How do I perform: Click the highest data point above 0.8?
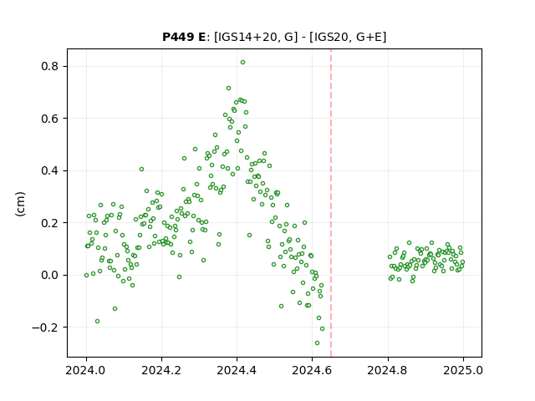tap(242, 63)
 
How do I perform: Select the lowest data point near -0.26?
tap(317, 343)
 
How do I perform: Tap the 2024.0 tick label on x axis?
tap(86, 370)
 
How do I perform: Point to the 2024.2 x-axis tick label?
tap(161, 370)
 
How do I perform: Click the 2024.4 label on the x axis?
tap(237, 370)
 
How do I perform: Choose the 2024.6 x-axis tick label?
tap(312, 370)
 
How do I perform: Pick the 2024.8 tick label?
tap(388, 370)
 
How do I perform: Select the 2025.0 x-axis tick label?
tap(463, 370)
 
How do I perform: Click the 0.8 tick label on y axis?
tap(50, 66)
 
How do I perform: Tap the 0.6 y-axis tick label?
tap(50, 119)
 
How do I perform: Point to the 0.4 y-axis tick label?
tap(50, 170)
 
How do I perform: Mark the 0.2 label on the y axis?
tap(50, 223)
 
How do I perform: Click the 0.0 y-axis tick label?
tap(50, 275)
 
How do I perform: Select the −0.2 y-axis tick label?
tap(45, 327)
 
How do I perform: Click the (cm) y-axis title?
tap(20, 204)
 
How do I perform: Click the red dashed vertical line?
tap(331, 203)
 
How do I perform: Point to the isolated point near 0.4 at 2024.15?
tap(141, 169)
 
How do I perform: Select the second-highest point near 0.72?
tap(228, 89)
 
